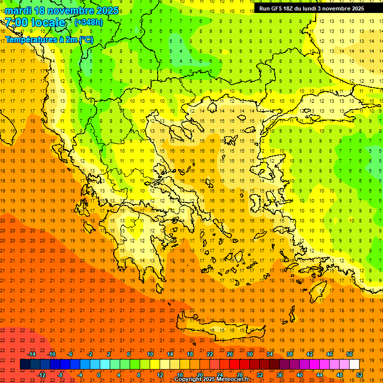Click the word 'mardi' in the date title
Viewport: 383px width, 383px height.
[17, 10]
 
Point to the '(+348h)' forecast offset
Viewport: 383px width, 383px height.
[89, 22]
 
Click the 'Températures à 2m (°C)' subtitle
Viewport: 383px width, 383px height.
[49, 39]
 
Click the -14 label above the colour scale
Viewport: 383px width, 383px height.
[31, 354]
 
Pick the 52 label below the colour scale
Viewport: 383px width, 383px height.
[360, 375]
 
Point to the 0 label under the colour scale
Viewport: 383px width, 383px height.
[99, 375]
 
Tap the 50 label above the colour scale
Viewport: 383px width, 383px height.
[350, 354]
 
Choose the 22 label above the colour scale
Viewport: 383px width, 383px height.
[210, 354]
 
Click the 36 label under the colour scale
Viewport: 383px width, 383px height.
[280, 375]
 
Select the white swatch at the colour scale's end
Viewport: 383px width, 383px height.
[354, 365]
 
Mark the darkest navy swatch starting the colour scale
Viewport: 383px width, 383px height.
[25, 365]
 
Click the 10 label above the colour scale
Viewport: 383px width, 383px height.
[150, 354]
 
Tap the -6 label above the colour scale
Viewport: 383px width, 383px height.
[71, 354]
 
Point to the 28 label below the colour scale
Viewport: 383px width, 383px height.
[240, 375]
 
